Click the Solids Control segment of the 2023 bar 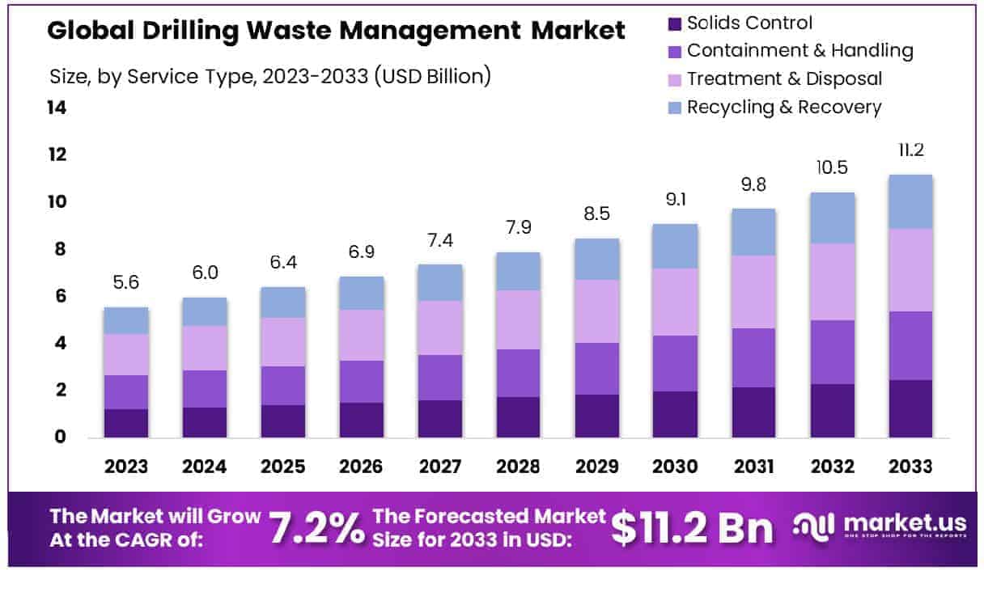click(x=126, y=423)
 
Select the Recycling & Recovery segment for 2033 click(x=910, y=201)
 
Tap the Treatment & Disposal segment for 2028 click(x=518, y=319)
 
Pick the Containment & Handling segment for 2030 click(x=676, y=363)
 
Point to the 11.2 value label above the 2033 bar click(x=910, y=150)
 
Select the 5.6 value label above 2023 click(x=126, y=283)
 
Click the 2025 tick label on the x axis click(x=283, y=467)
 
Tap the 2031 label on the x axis click(x=753, y=467)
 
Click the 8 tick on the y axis click(x=59, y=249)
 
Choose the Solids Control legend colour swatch click(x=675, y=23)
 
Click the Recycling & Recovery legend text click(x=783, y=107)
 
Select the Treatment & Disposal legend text click(x=784, y=78)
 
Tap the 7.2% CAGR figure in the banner click(x=316, y=527)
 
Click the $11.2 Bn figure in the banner click(x=692, y=527)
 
